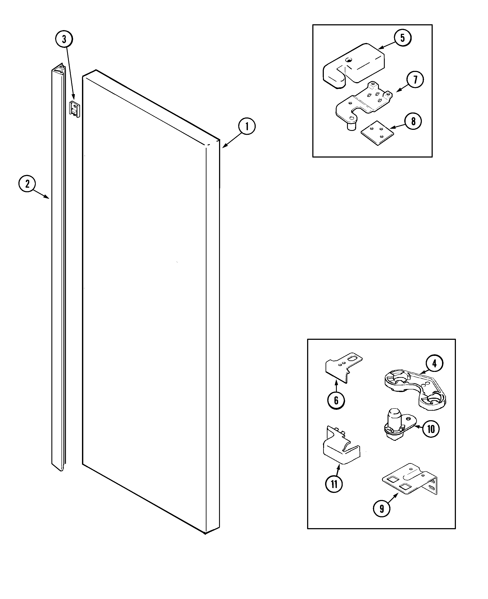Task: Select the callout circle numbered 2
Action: tap(27, 184)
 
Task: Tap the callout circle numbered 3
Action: tap(64, 39)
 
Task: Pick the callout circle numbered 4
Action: tap(434, 363)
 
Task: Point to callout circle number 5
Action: tap(402, 38)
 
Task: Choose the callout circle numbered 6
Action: tap(336, 400)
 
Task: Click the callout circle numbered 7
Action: tap(415, 80)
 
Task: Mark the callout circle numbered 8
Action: tap(413, 121)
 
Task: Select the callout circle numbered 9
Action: tap(382, 509)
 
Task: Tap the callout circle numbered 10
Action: tap(431, 429)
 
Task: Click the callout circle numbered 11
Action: tap(334, 484)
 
